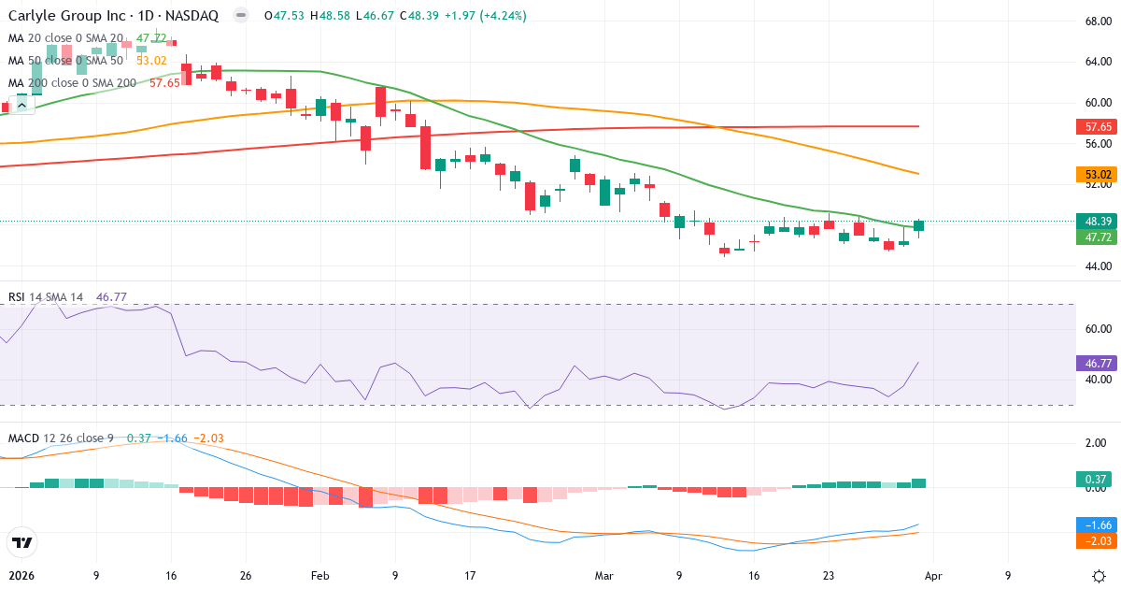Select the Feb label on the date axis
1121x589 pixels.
tap(320, 576)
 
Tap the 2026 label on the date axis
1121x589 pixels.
tap(21, 576)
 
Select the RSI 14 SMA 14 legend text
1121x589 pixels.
tap(46, 297)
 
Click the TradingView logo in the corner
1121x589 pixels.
tap(21, 542)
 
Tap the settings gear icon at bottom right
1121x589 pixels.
tap(1099, 576)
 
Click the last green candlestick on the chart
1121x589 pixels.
tap(919, 225)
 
